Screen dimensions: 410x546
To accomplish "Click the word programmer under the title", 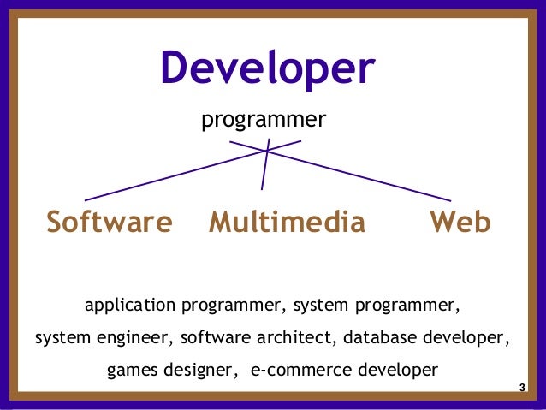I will click(x=263, y=121).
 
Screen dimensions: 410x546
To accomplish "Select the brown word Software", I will click(x=109, y=223).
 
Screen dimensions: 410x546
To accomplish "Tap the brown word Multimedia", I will click(x=287, y=223).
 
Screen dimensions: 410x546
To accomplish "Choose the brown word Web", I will click(x=460, y=223).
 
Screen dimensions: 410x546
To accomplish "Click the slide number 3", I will click(x=522, y=389).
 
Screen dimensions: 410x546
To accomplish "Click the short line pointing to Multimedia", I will click(x=264, y=171).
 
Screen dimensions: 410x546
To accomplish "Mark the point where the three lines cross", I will click(x=267, y=151).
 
